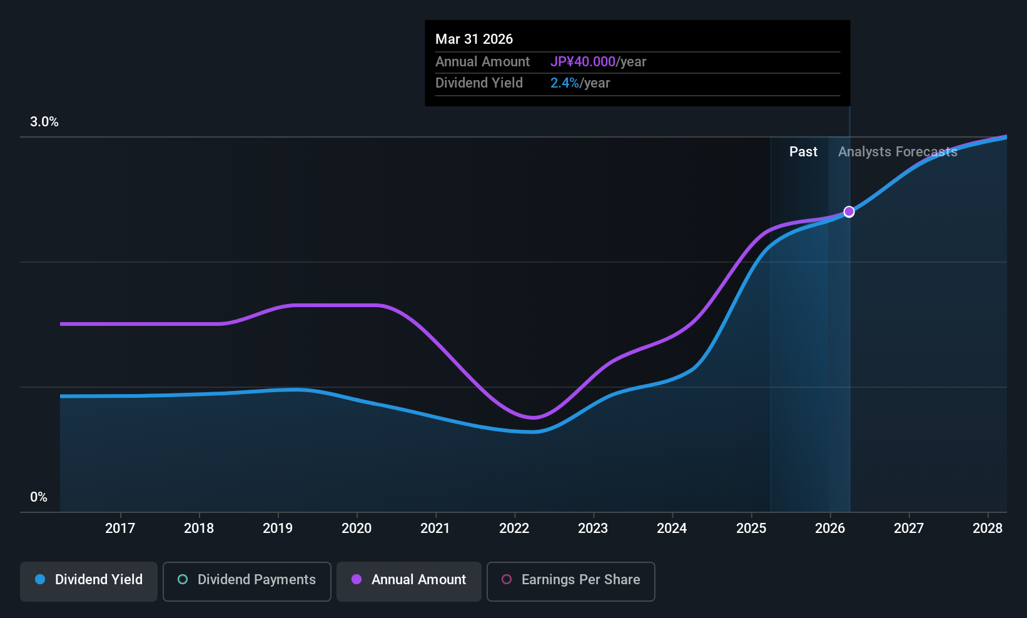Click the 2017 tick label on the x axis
click(x=120, y=528)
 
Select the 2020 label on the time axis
click(x=357, y=528)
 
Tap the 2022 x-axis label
click(x=514, y=528)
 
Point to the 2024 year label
click(x=672, y=528)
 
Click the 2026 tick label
click(x=830, y=528)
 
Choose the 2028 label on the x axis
click(x=988, y=528)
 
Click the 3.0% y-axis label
click(x=44, y=122)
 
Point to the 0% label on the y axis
click(x=39, y=497)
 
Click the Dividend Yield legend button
click(x=88, y=581)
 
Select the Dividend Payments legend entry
click(x=246, y=581)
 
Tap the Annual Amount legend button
click(x=409, y=581)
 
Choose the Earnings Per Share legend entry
click(x=571, y=581)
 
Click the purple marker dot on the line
click(x=849, y=211)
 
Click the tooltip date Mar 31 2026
click(x=474, y=39)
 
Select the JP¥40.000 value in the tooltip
click(x=583, y=61)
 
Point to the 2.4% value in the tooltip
click(x=564, y=83)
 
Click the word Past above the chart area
click(x=803, y=152)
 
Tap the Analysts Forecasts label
click(x=898, y=152)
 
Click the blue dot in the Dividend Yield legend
click(x=41, y=579)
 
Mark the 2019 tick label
click(x=278, y=528)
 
